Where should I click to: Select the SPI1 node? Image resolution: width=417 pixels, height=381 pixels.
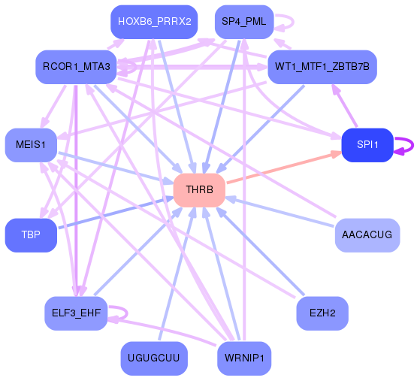367,145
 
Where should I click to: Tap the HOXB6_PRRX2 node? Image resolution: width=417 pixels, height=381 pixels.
154,21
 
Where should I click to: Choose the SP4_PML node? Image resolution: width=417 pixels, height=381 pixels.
240,22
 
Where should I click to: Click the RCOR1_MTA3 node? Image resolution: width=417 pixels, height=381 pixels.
76,68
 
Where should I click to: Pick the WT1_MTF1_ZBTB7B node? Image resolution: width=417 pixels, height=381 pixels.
322,67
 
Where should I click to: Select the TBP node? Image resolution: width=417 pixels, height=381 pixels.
31,235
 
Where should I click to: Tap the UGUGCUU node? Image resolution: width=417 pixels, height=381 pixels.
154,358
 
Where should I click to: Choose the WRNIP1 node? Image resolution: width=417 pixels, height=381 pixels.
244,358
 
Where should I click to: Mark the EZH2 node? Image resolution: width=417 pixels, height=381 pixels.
322,311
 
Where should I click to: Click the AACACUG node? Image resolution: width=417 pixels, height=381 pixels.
367,235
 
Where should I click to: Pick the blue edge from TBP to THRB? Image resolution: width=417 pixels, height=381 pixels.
113,213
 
